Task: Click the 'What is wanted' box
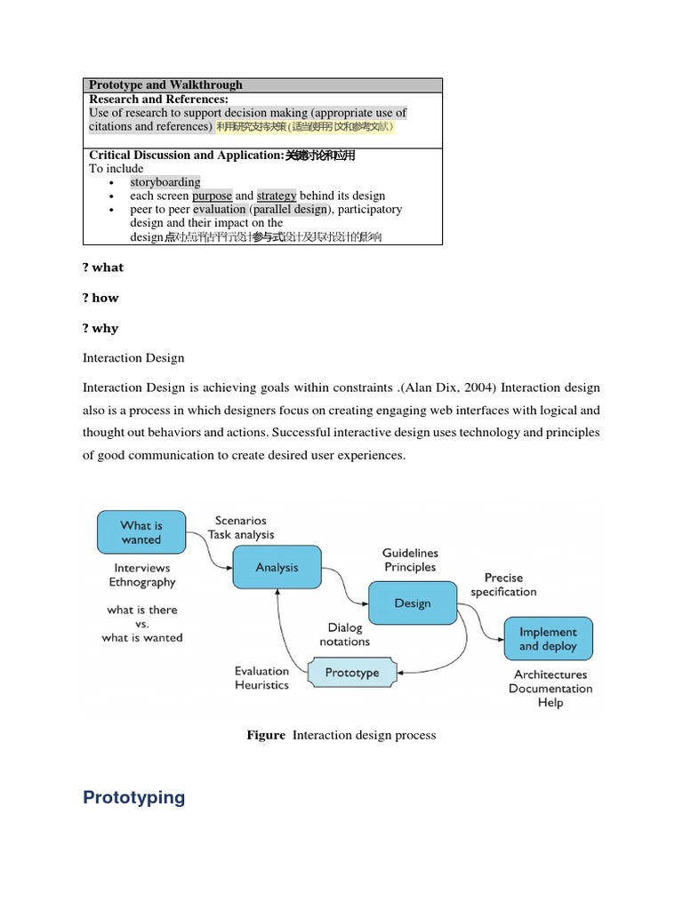141,531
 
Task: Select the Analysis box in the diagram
277,567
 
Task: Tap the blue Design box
412,603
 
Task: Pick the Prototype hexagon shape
352,673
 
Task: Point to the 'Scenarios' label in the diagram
240,520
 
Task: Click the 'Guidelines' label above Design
410,553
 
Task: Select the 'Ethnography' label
142,582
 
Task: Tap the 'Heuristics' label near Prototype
261,685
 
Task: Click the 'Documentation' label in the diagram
550,689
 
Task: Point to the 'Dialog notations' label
344,635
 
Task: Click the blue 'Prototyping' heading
134,797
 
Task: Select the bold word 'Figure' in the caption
266,735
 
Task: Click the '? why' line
100,328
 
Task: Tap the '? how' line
100,298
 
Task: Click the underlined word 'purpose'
213,196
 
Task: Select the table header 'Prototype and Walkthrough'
165,85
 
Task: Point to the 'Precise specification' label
503,585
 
